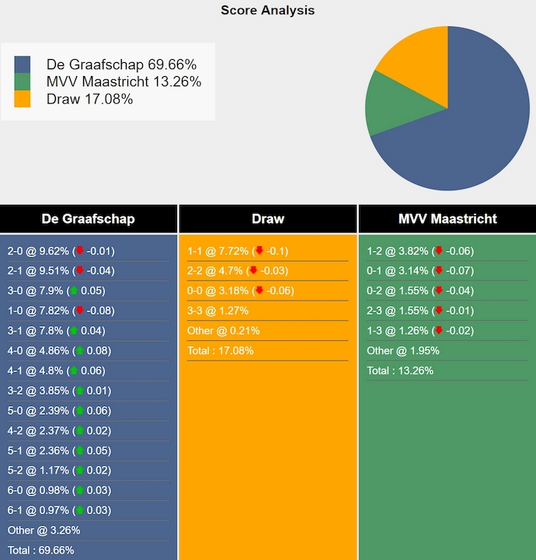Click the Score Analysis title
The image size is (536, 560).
point(267,10)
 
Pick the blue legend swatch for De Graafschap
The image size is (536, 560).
point(23,64)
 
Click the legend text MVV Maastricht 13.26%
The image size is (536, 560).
point(124,82)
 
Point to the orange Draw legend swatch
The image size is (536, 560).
point(23,99)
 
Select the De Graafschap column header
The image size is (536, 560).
point(88,219)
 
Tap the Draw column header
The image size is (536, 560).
point(268,219)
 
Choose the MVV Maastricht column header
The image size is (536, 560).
point(447,219)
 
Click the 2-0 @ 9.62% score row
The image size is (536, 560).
point(61,251)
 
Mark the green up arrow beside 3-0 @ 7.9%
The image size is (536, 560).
point(74,290)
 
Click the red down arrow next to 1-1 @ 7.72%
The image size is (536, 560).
point(259,251)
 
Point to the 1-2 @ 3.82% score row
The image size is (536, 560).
point(420,251)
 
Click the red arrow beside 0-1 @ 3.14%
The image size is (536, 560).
point(439,270)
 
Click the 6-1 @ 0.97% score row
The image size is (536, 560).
point(59,510)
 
